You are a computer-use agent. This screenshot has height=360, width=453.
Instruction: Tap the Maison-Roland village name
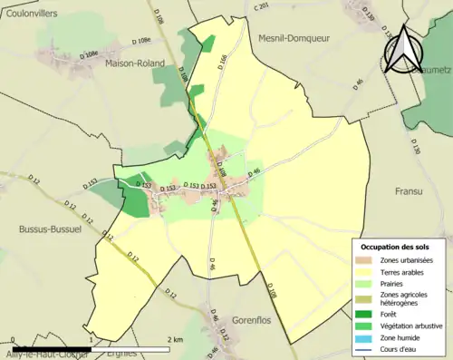(134, 63)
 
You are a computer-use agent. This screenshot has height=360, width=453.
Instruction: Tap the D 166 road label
(223, 63)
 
